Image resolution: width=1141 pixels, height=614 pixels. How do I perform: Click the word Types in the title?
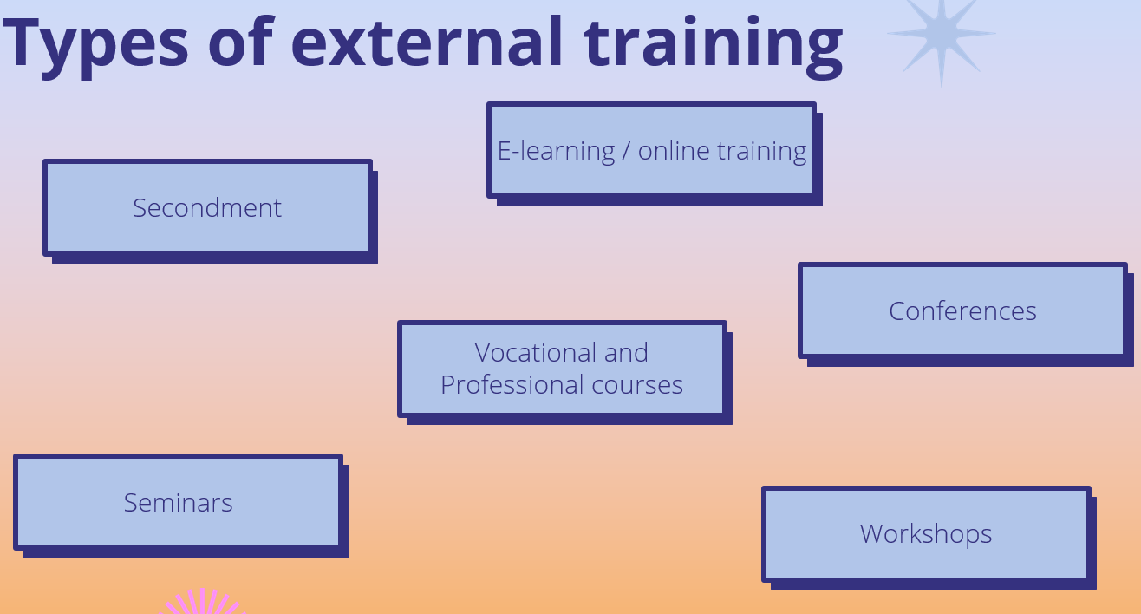point(95,46)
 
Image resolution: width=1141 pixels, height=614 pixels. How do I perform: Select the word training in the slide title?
point(713,46)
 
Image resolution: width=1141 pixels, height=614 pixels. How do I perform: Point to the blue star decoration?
point(942,35)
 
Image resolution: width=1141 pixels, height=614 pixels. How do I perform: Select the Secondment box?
point(210,211)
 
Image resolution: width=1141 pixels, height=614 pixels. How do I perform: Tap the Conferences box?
point(965,314)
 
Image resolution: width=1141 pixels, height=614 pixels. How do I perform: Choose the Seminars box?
point(181,505)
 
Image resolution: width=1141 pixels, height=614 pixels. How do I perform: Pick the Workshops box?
point(929,538)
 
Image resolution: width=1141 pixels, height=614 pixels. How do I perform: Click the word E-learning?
point(557,152)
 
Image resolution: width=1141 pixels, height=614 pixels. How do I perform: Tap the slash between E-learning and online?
point(626,152)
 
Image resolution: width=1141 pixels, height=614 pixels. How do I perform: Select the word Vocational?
point(536,353)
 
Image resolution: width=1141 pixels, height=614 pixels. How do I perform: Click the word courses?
point(637,386)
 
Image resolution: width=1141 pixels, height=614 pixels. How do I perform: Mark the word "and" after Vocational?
point(626,353)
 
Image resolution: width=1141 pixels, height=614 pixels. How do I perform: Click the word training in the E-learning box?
point(761,152)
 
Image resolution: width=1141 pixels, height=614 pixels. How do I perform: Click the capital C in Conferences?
point(898,311)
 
